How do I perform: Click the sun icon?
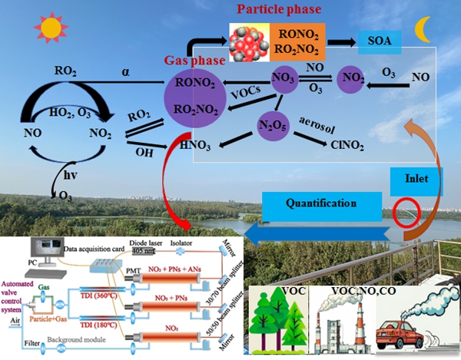pos(51,28)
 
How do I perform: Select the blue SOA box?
pos(376,43)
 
